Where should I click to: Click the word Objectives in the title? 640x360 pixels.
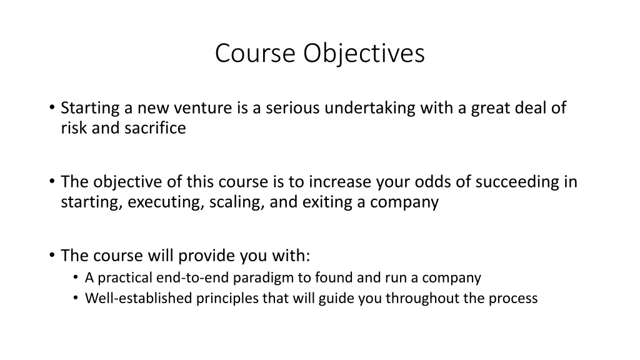point(364,54)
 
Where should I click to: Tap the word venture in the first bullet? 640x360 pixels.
point(207,109)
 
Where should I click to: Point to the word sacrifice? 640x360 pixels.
point(157,129)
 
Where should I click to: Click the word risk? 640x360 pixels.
point(74,129)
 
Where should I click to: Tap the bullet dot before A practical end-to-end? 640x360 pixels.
point(76,277)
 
